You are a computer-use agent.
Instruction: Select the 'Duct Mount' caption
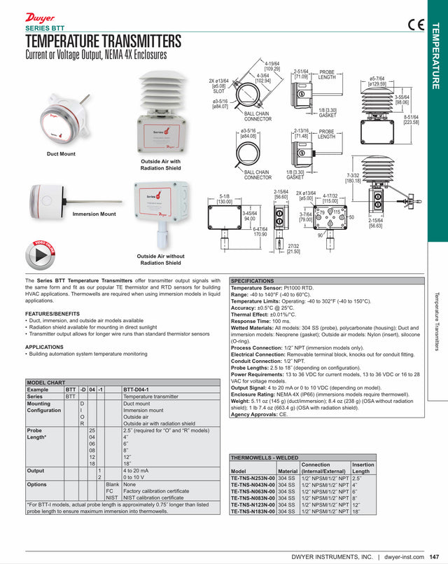point(61,153)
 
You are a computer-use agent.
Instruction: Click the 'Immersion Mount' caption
point(94,214)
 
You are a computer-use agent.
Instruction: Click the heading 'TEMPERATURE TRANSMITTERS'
point(103,41)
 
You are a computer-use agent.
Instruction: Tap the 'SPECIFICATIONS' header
point(253,280)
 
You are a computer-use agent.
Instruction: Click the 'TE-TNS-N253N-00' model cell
point(253,478)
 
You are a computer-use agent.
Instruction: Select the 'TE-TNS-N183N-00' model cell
point(253,511)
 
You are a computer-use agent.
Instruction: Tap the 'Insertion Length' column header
point(363,468)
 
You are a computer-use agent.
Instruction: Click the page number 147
point(434,557)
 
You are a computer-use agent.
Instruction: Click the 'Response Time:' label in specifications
point(254,320)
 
